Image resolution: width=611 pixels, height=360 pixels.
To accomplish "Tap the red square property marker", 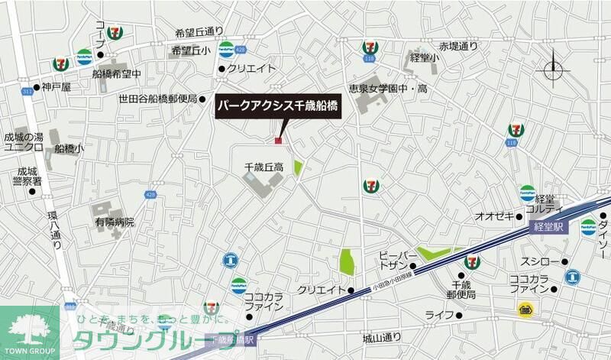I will coord(279,140).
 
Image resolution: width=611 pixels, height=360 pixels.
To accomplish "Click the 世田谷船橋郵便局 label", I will coord(158,99).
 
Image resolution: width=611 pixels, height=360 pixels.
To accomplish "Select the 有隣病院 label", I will coord(115,222).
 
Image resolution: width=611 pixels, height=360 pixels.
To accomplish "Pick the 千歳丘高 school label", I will coord(264,166).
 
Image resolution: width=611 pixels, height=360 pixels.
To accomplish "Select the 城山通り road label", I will coord(382,338).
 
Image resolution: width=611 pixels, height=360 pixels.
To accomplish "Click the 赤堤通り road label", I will coord(458,47).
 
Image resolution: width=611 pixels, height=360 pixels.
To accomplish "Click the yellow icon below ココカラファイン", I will coord(525,309).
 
